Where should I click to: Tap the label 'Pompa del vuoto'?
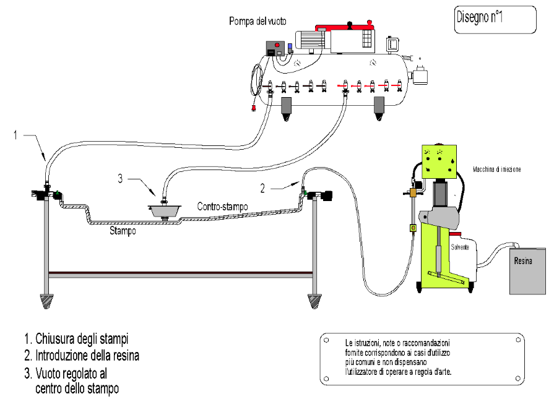(x=257, y=22)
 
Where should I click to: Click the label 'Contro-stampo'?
(x=222, y=205)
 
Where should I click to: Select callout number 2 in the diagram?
(x=264, y=186)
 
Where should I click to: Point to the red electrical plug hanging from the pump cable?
(x=254, y=111)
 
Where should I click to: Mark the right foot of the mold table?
(x=315, y=302)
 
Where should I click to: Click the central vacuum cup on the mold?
(x=165, y=210)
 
